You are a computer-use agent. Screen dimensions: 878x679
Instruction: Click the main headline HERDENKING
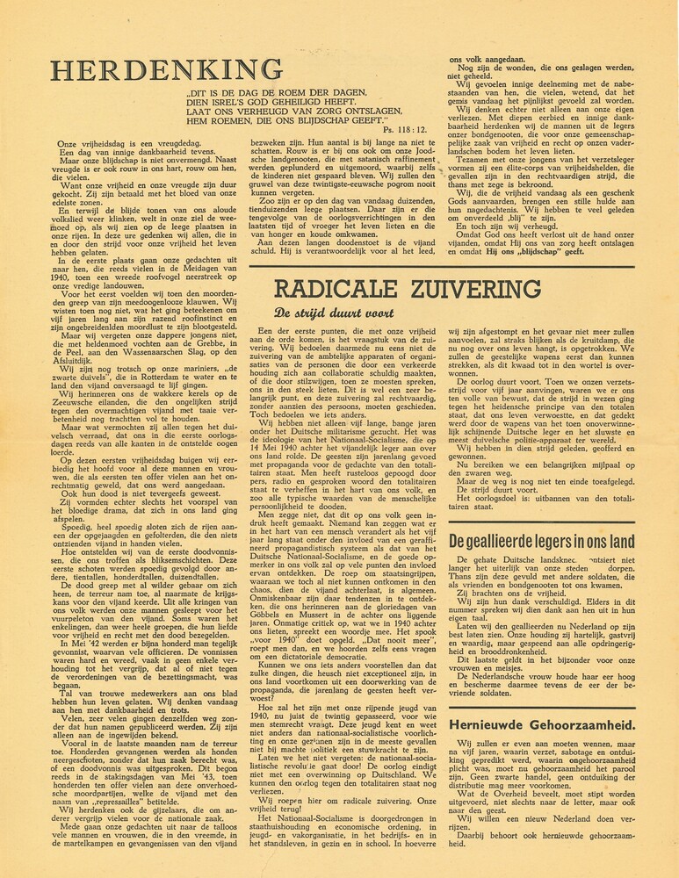166,69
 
